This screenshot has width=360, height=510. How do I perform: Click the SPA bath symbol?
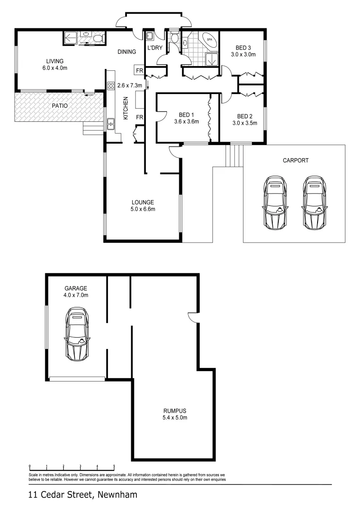208,40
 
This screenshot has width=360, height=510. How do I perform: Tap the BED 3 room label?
243,47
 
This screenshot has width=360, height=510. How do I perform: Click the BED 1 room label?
186,115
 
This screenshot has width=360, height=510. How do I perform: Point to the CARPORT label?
295,161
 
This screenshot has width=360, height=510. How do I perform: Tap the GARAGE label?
76,288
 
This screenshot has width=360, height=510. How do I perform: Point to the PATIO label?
59,106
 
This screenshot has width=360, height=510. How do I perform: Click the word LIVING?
55,61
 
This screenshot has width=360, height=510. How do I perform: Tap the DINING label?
127,52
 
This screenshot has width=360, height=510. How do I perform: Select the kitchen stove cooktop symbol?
111,85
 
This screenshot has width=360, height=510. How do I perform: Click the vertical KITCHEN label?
126,109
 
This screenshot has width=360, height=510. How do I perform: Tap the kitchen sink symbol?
111,124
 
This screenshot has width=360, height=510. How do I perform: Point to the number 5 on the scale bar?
114,466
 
